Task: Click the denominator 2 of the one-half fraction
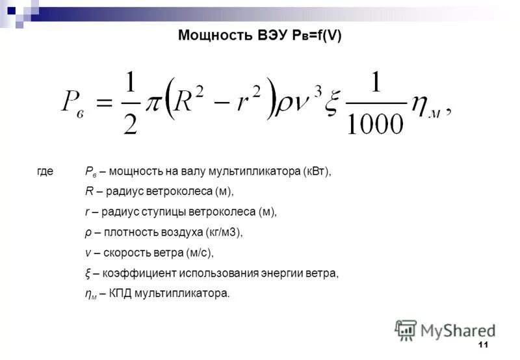click(133, 122)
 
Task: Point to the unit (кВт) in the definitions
click(317, 172)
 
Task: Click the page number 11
click(482, 344)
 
